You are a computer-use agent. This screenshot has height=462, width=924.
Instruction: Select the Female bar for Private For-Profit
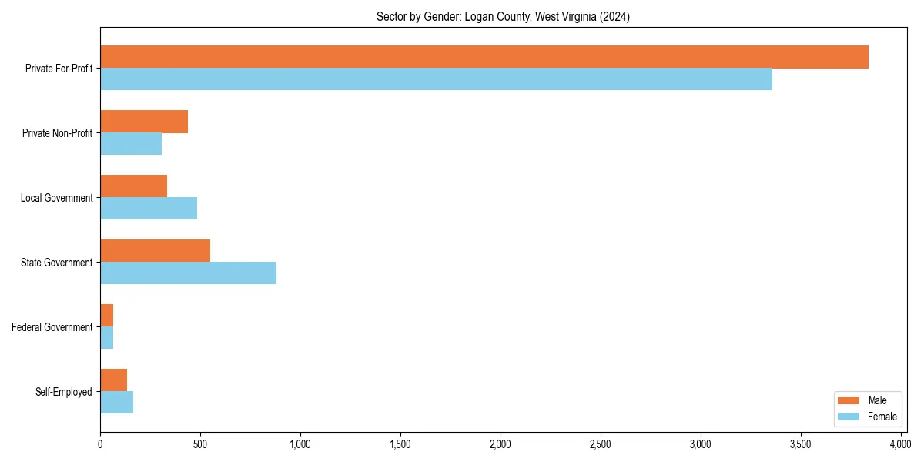(436, 79)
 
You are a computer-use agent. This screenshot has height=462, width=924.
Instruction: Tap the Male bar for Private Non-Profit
(144, 122)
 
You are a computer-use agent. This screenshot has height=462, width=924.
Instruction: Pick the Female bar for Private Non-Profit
(131, 144)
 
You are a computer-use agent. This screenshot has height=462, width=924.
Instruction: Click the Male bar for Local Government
(133, 186)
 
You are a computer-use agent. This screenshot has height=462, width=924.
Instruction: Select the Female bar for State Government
(188, 273)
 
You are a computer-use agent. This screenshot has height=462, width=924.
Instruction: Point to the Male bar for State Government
(155, 251)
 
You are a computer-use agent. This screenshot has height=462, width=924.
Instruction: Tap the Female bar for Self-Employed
(116, 403)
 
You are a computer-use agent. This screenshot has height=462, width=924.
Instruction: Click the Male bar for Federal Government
(106, 316)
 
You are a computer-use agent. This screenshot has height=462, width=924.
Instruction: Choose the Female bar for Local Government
(149, 209)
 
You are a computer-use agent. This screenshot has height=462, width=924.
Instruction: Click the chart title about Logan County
(503, 17)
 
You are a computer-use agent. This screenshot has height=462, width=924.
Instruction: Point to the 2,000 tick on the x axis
(500, 444)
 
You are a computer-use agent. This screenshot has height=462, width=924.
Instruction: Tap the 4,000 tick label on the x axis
(900, 444)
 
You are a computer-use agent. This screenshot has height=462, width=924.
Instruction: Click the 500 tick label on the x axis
(200, 444)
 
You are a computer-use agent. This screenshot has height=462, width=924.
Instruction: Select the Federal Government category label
(52, 327)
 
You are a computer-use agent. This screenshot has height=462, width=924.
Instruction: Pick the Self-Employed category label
(64, 392)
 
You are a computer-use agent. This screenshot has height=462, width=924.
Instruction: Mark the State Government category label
(56, 263)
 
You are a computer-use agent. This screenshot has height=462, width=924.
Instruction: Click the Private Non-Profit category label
(57, 133)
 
